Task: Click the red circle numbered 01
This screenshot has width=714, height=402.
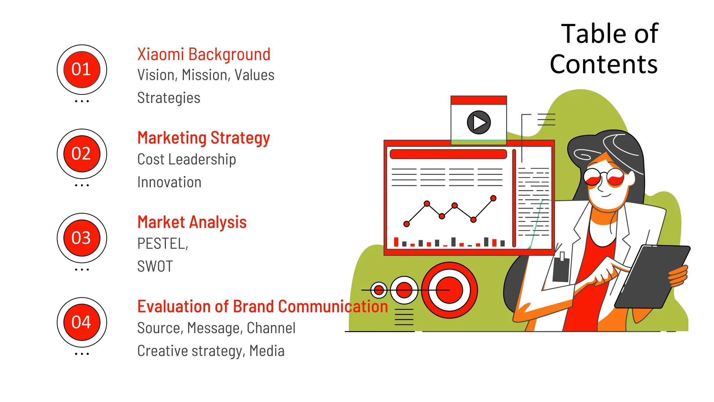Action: [82, 69]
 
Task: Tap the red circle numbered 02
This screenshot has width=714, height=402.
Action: [82, 154]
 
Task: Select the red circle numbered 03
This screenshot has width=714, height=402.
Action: [82, 238]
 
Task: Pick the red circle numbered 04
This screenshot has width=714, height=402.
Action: [82, 322]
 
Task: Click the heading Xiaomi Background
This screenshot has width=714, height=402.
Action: [204, 54]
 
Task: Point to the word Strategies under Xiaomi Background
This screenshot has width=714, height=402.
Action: [169, 98]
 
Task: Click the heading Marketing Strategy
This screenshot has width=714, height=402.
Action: [204, 138]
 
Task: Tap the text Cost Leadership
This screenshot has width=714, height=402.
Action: [187, 159]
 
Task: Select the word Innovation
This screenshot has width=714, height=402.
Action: [169, 182]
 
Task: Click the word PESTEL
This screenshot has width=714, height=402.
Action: [162, 244]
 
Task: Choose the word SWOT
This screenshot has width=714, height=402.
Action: [155, 267]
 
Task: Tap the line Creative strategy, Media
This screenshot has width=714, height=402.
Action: [211, 351]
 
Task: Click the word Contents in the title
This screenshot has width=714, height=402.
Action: [603, 64]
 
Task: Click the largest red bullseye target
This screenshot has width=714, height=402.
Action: [449, 290]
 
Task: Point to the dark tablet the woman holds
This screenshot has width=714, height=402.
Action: [652, 276]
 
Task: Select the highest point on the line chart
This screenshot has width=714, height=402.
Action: [493, 198]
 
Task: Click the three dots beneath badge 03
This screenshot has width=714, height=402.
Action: [82, 270]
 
